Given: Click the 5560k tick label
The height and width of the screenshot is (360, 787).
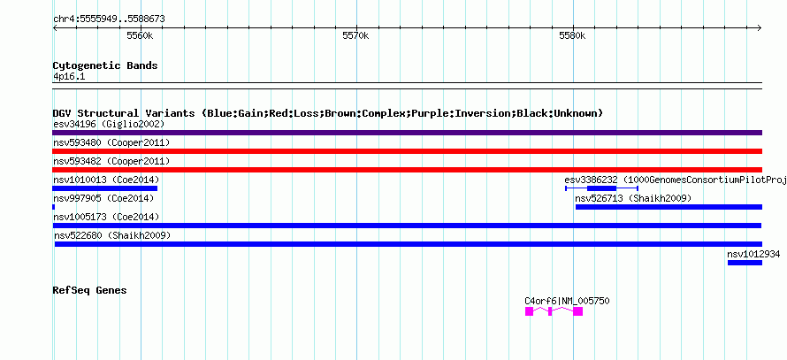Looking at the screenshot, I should tap(140, 36).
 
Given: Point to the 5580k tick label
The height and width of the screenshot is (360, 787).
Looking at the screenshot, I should tap(572, 36).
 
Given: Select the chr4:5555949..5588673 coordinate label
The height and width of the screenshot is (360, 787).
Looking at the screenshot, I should tap(109, 19).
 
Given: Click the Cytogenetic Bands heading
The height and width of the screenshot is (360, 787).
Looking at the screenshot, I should tap(105, 65).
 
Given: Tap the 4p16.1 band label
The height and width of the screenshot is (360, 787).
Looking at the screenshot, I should tap(69, 77).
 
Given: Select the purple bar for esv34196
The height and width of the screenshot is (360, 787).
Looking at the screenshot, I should tap(407, 133).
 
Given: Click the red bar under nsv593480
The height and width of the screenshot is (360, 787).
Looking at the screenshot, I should tap(407, 151).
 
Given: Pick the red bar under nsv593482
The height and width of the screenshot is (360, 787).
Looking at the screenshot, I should tap(407, 170).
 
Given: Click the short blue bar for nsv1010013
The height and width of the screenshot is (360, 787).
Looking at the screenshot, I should tap(104, 188).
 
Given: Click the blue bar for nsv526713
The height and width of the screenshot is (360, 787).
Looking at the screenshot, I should tap(668, 207).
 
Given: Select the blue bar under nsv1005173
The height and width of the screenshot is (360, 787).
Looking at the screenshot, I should tap(407, 226).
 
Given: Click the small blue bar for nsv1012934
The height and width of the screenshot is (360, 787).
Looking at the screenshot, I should tap(745, 263).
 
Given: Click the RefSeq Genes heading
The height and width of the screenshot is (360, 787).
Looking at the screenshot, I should tap(89, 290).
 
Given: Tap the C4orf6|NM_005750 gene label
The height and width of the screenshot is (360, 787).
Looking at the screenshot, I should tap(567, 301).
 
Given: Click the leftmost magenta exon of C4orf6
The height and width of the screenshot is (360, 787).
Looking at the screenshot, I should tap(530, 311).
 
